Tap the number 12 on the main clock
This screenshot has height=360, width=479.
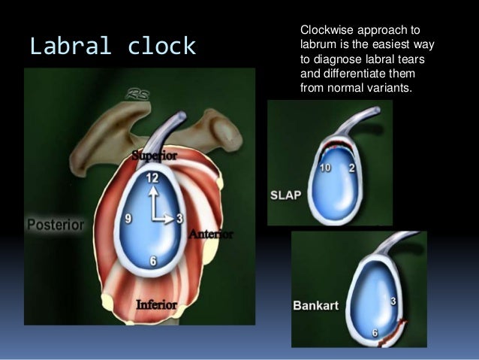pos(152,178)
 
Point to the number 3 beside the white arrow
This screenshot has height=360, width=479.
pos(180,218)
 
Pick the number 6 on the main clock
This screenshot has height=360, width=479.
pos(153,262)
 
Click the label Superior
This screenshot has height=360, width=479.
pos(155,156)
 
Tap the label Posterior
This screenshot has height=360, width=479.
pos(56,224)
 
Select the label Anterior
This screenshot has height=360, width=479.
pos(211,234)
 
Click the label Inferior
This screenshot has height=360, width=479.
pos(156,304)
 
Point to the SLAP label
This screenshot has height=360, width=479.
pos(285,195)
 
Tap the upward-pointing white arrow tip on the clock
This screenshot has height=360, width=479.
pos(152,189)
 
